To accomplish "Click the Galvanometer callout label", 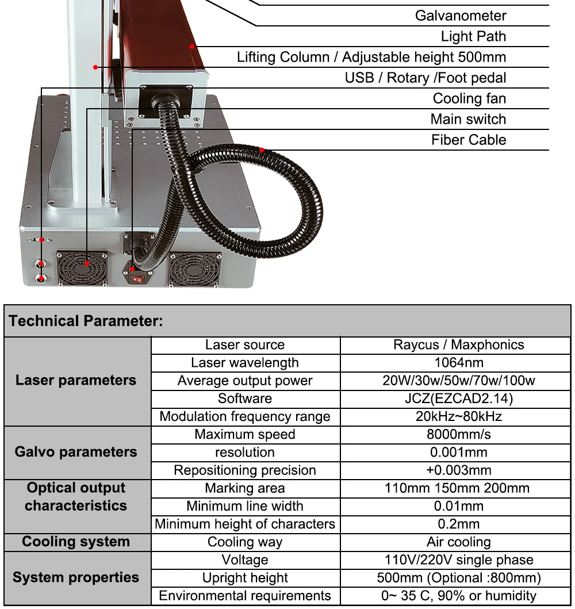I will [461, 16].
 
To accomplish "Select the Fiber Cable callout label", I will [469, 140].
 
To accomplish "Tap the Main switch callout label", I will [468, 119].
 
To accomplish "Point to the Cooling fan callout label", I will [469, 98].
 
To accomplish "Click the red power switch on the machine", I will [139, 279].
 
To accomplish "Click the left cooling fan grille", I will [82, 267].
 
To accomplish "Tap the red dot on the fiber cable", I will [262, 150].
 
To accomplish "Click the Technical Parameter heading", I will [86, 321].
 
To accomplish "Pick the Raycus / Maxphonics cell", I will [458, 345].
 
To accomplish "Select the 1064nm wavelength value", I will [458, 363].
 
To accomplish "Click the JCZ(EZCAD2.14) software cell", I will [458, 399].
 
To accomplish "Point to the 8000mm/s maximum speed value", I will [458, 434].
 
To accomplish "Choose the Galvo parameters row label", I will [76, 452].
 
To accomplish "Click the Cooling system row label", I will [76, 542].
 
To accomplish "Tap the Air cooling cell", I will [458, 542].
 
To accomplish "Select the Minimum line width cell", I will [245, 506].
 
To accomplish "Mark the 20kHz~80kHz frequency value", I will [458, 416].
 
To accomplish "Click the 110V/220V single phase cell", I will [458, 560].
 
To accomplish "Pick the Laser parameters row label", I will [76, 380].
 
